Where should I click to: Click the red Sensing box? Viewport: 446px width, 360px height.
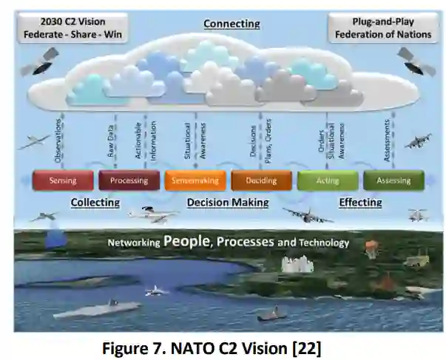click(x=63, y=180)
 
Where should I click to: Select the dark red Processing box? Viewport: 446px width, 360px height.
click(x=129, y=180)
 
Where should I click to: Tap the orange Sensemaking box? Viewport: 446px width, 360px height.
click(x=195, y=180)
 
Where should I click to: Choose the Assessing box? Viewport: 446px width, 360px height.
click(x=393, y=180)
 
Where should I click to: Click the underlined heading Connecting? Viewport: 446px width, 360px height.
click(x=232, y=24)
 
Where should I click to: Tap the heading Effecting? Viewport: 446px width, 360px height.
click(x=360, y=202)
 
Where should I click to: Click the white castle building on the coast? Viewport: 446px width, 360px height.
click(x=297, y=263)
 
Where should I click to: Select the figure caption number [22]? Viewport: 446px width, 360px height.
click(x=304, y=344)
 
